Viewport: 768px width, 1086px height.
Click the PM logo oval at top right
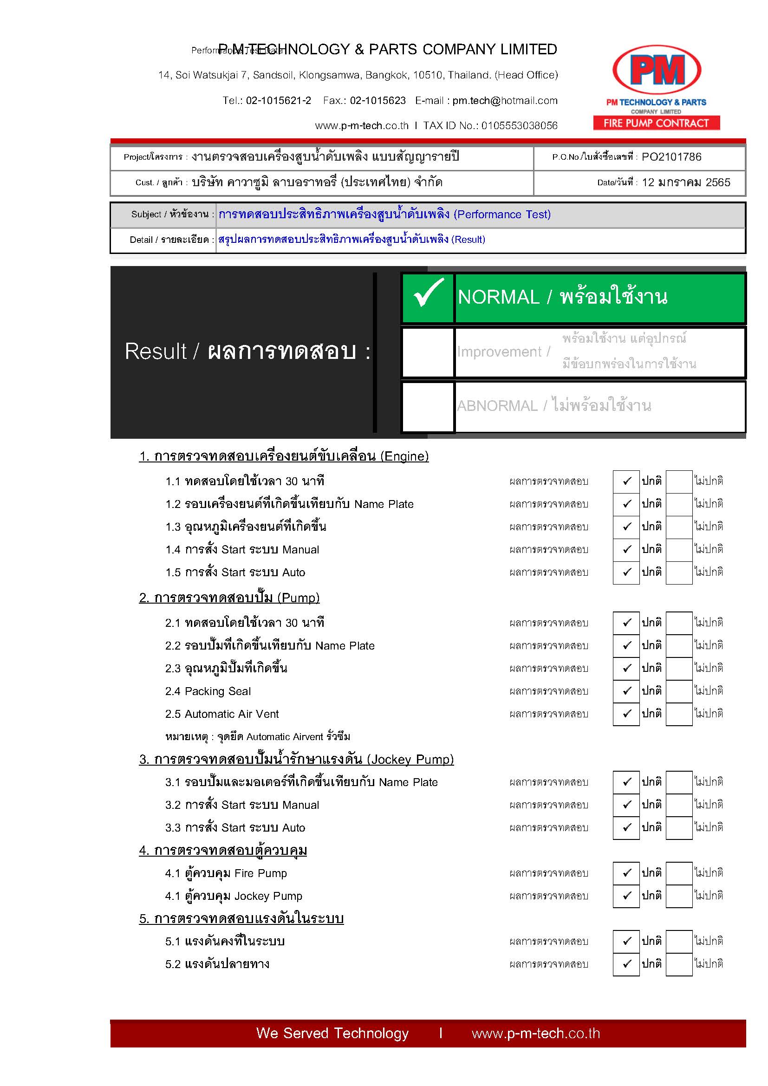tap(657, 70)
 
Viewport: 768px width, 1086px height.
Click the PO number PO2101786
tap(671, 157)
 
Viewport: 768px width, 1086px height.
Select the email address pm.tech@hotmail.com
tap(505, 101)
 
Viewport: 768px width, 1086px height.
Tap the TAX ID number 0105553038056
tap(519, 126)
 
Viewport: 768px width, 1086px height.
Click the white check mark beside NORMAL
tap(428, 294)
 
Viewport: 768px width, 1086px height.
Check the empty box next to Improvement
tap(428, 352)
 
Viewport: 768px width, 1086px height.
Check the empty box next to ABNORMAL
tap(428, 407)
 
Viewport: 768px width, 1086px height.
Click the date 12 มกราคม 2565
tap(686, 182)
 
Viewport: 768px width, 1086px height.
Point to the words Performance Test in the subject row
tap(502, 215)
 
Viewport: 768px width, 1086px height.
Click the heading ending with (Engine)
tap(284, 456)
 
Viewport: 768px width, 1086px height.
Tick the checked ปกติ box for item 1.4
tap(626, 550)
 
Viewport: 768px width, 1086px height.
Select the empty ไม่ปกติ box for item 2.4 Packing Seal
tap(679, 691)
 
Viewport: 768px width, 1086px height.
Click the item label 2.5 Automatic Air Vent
tap(222, 714)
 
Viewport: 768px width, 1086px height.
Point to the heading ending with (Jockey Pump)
tap(296, 760)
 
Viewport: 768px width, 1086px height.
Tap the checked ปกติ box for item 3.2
tap(626, 805)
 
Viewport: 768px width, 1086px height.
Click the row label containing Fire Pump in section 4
tap(226, 874)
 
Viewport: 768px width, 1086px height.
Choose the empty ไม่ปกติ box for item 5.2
tap(679, 964)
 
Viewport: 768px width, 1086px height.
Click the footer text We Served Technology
tap(332, 1034)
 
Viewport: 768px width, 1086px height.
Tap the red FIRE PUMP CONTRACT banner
tap(657, 124)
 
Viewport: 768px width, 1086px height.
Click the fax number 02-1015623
tap(377, 101)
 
